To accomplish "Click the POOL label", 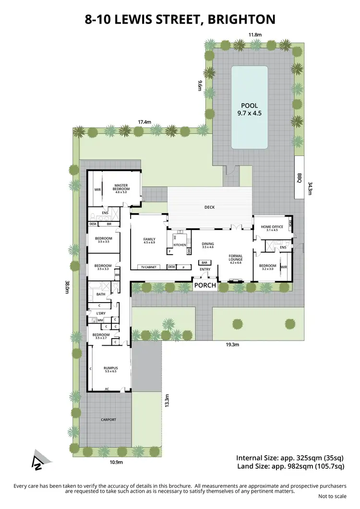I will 249,106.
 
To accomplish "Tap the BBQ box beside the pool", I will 299,176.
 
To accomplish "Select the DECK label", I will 209,207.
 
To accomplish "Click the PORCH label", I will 204,286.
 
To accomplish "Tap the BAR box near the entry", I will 205,263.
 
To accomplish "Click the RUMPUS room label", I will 110,369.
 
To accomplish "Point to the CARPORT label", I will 108,420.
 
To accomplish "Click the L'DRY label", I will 101,313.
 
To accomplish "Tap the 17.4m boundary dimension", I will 144,122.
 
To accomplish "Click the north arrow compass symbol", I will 37,459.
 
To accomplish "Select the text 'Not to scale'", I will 333,497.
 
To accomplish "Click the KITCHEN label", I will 180,245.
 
